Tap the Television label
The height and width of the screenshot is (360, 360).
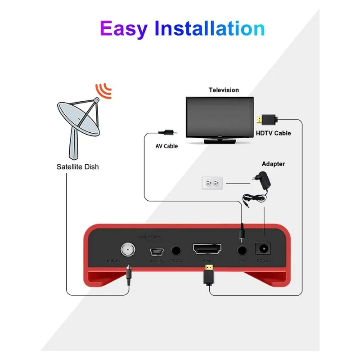pyautogui.click(x=224, y=90)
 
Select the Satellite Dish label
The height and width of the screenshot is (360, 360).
pyautogui.click(x=77, y=167)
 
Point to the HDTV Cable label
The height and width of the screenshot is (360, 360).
pyautogui.click(x=273, y=133)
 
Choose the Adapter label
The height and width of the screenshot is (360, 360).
pyautogui.click(x=273, y=164)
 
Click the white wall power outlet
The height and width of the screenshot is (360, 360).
pyautogui.click(x=213, y=183)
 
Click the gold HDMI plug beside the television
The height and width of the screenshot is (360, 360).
pyautogui.click(x=260, y=119)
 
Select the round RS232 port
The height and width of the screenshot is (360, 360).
pyautogui.click(x=175, y=250)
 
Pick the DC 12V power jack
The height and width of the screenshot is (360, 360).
pyautogui.click(x=262, y=249)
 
